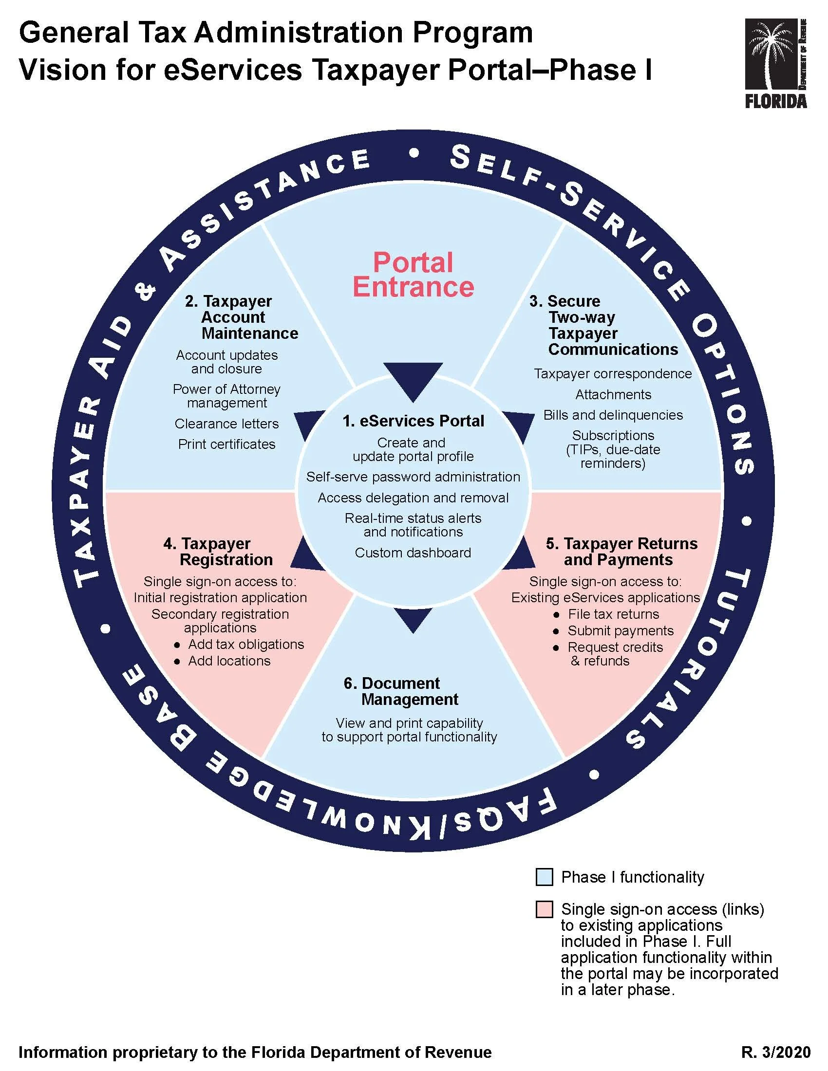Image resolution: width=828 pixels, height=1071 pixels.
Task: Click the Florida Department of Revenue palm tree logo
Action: [775, 63]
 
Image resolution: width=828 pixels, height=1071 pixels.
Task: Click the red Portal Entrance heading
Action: [413, 275]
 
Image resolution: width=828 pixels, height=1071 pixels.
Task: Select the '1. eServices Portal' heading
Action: [413, 421]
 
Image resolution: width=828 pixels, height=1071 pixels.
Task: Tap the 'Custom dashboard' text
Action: [413, 553]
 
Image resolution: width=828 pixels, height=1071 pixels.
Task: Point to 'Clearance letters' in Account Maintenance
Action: [226, 424]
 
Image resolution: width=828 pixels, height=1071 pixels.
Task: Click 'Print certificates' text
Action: [226, 444]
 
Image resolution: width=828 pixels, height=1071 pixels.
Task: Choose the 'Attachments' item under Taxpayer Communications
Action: [613, 394]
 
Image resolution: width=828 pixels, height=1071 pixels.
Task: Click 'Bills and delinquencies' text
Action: [613, 415]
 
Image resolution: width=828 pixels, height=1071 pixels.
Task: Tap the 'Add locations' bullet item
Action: [229, 661]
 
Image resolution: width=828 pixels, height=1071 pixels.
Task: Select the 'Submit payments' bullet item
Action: [621, 630]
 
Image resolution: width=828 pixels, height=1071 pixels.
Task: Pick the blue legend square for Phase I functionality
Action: [545, 877]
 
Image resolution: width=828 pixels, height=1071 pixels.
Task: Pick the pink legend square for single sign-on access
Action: [545, 909]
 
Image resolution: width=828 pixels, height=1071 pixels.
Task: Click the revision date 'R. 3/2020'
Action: [775, 1052]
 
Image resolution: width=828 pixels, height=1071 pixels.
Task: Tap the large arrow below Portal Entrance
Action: [413, 380]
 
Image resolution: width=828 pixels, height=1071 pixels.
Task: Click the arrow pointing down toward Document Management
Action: [413, 619]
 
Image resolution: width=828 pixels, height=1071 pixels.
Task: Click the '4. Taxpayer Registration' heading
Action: [218, 552]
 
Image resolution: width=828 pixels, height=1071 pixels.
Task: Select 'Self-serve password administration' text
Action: [413, 477]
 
